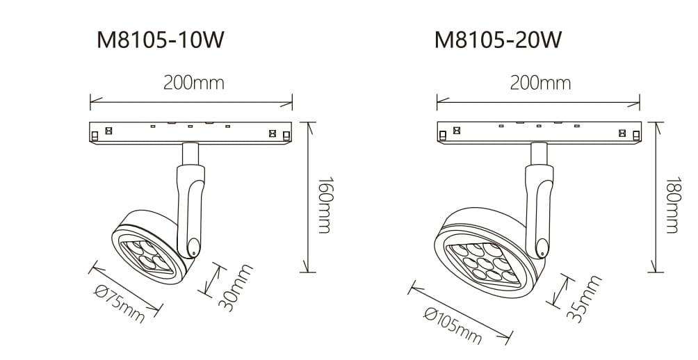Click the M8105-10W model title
click(x=161, y=40)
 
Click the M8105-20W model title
click(x=498, y=40)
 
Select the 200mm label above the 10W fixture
click(x=194, y=83)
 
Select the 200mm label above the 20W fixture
click(x=540, y=83)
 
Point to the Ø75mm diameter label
click(x=120, y=303)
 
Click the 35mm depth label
click(x=583, y=297)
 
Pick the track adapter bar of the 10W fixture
click(x=190, y=132)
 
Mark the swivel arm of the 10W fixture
click(x=191, y=202)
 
